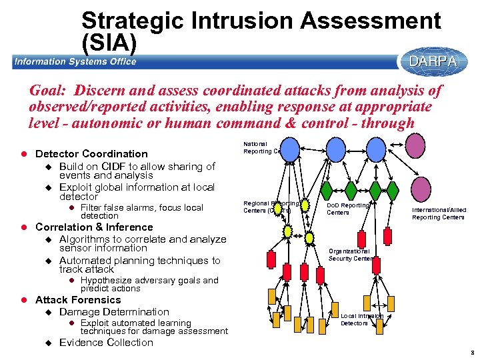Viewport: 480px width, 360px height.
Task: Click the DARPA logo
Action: point(433,61)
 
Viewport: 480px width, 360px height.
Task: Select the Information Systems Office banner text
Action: point(75,62)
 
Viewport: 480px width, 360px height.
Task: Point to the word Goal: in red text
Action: point(51,90)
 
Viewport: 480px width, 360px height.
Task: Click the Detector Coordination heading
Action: point(91,153)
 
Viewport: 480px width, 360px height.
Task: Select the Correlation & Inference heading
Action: point(94,227)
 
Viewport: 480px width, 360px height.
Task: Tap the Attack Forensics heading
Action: point(78,300)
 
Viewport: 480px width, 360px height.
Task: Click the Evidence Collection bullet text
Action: point(106,343)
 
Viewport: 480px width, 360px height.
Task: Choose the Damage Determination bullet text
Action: point(114,312)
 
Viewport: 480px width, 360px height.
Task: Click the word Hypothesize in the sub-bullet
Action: point(107,281)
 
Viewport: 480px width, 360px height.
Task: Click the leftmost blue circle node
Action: point(289,147)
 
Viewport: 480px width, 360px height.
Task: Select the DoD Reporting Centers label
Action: point(347,209)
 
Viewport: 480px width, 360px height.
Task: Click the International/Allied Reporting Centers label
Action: point(438,213)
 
